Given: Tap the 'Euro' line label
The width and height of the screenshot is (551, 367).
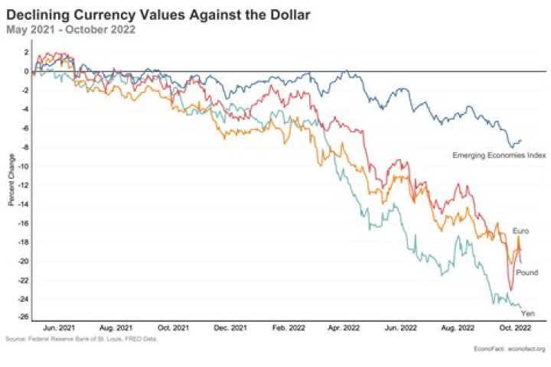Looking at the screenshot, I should click(520, 230).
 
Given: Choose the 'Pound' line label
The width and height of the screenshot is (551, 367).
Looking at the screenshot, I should click(527, 273).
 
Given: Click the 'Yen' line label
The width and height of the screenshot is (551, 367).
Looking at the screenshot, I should click(527, 313).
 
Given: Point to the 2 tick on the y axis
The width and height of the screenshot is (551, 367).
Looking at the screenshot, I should click(26, 53).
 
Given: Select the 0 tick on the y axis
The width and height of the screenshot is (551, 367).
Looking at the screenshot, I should click(26, 71).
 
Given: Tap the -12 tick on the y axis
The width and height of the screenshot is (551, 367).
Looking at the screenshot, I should click(24, 185).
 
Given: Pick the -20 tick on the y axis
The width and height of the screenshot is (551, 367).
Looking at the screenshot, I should click(24, 261).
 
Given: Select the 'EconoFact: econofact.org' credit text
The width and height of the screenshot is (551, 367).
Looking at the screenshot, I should click(508, 349).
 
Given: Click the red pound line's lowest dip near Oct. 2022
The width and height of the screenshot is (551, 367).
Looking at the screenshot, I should click(511, 290).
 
